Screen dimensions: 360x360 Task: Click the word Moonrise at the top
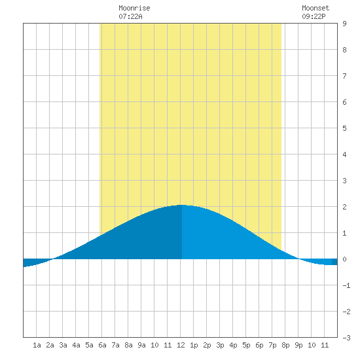[x=134, y=8]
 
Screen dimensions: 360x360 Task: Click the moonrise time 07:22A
[x=130, y=16]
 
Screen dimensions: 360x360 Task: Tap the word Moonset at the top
[x=315, y=8]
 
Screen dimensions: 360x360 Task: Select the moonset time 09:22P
[x=314, y=16]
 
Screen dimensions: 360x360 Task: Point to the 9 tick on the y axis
[x=344, y=24]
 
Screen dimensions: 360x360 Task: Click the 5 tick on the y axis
[x=344, y=128]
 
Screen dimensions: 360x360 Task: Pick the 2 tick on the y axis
[x=344, y=207]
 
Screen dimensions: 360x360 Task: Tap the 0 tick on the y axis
[x=344, y=259]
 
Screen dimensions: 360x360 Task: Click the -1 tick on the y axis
[x=346, y=285]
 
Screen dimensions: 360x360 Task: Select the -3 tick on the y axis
[x=346, y=338]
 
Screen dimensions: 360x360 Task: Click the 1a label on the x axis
[x=37, y=345]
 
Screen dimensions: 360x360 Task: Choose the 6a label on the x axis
[x=102, y=345]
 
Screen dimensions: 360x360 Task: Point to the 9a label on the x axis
[x=141, y=345]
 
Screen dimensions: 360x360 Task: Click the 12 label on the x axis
[x=181, y=345]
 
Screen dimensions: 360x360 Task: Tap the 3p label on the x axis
[x=220, y=345]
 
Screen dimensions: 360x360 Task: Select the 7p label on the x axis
[x=272, y=345]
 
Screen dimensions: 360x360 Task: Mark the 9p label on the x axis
[x=298, y=345]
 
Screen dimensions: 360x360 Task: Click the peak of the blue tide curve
[x=181, y=205]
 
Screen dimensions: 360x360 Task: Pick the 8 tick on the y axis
[x=344, y=50]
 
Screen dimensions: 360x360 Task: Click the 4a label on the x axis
[x=76, y=345]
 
